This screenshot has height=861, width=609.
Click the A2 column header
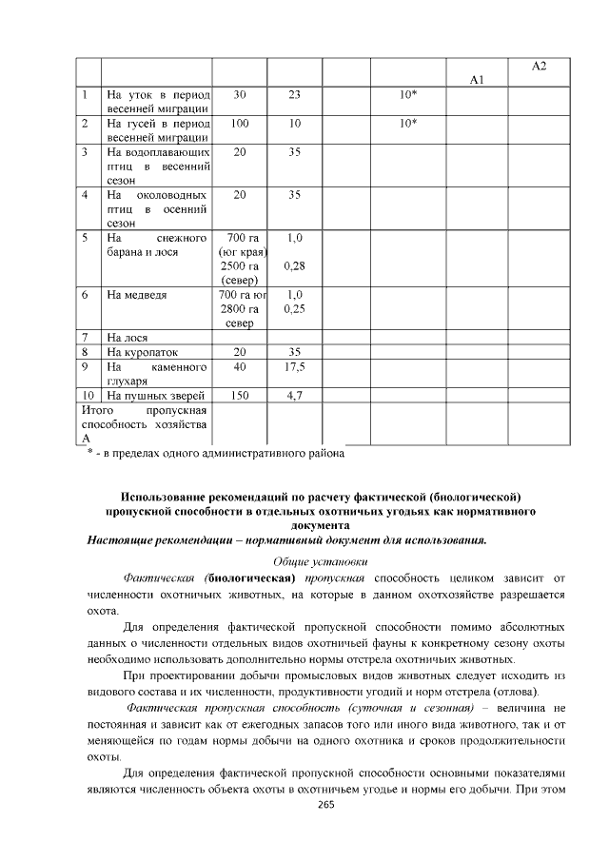point(539,66)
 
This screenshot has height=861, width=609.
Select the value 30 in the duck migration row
point(239,95)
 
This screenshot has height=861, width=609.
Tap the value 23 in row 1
point(294,95)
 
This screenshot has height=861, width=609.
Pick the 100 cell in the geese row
point(239,124)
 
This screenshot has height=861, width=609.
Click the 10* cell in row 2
point(408,124)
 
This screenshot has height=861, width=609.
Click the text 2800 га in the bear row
point(239,309)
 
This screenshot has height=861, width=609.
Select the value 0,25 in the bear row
point(294,309)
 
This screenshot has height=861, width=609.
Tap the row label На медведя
point(137,295)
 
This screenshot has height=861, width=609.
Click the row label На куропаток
point(142,352)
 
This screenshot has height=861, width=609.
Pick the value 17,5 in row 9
point(294,366)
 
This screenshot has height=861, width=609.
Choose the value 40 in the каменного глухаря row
point(239,366)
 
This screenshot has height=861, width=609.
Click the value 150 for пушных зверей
point(239,395)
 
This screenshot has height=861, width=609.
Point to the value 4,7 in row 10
point(294,395)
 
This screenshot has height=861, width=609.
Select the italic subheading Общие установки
point(320,560)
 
